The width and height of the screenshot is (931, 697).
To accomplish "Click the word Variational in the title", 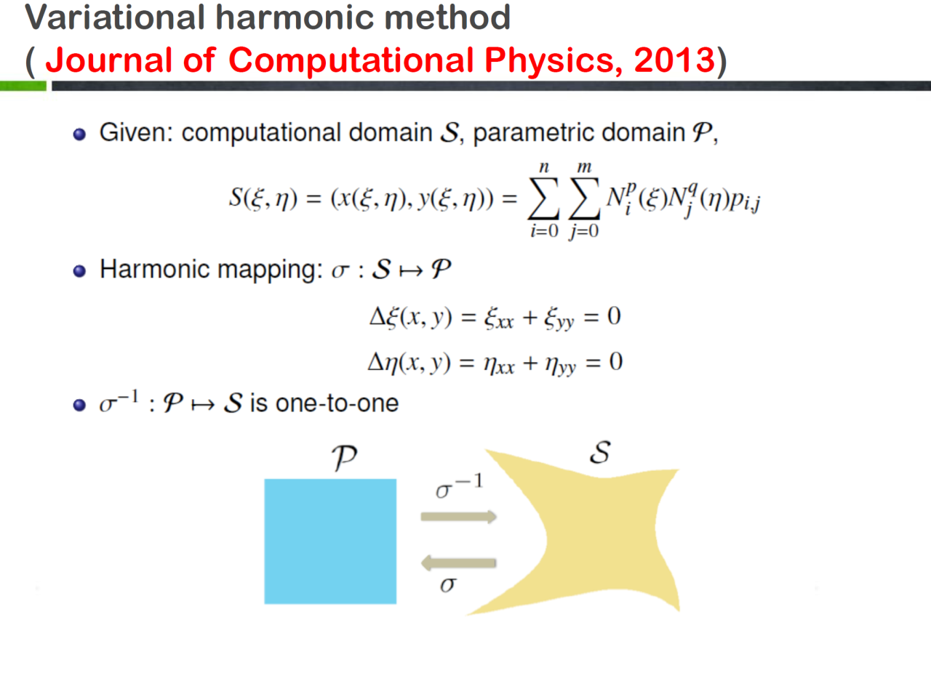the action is tap(115, 17).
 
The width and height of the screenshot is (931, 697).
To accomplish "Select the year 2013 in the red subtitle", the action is tap(674, 60).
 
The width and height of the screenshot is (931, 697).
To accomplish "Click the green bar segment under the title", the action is tap(23, 86).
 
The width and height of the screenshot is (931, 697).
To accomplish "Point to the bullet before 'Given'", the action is tap(79, 134).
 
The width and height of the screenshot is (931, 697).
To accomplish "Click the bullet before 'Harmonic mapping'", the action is tap(79, 271).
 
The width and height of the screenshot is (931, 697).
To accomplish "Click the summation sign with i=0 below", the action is tap(543, 198).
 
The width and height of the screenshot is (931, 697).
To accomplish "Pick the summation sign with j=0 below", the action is tap(584, 198).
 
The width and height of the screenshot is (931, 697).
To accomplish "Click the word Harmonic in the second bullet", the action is tap(154, 269).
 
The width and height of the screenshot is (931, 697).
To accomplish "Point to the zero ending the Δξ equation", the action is tap(614, 316).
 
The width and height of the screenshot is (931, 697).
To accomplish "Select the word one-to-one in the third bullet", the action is tap(337, 403).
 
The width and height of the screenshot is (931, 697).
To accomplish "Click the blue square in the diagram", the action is tap(330, 541).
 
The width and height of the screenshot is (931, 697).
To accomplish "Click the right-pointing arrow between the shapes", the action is tap(458, 517).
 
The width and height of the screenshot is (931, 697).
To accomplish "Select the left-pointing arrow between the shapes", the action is tap(458, 563).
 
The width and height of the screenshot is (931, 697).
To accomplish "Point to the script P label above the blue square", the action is tap(344, 458).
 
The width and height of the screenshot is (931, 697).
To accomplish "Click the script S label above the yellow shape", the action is tap(600, 452).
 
